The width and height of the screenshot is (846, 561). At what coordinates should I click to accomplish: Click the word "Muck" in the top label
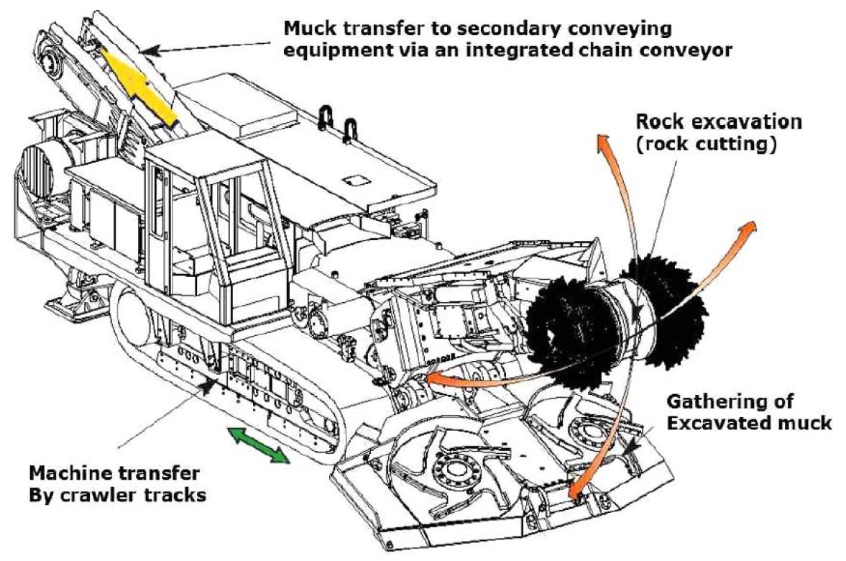pos(305,30)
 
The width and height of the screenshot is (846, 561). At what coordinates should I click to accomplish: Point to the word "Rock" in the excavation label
pos(657,122)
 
